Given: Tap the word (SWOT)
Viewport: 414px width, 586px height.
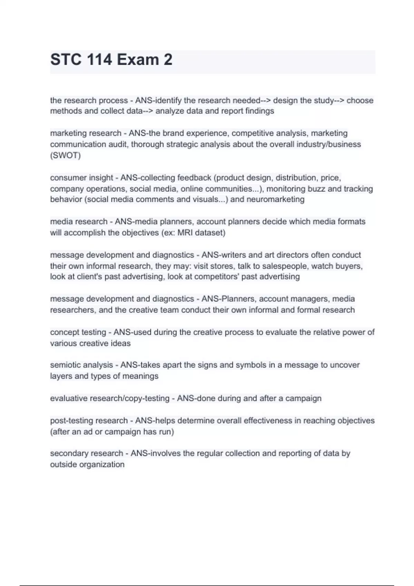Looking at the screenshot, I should point(65,155).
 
